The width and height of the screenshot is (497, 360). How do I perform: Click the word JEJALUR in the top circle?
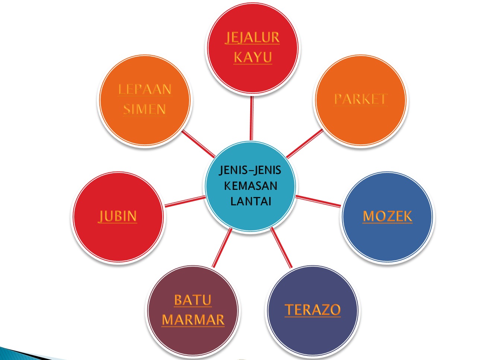tap(252, 38)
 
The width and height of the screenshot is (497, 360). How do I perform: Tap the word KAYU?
tap(253, 57)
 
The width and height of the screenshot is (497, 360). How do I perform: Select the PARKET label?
tap(361, 99)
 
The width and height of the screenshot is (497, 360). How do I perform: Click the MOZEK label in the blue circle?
tap(387, 216)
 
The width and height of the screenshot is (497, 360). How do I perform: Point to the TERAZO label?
tap(313, 310)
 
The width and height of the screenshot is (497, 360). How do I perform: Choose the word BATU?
tap(193, 300)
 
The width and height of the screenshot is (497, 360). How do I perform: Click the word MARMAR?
tap(193, 320)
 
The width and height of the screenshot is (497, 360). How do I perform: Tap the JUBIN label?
tap(118, 216)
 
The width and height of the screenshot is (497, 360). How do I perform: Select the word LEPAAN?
tap(145, 89)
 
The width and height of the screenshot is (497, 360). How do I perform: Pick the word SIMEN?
tap(144, 109)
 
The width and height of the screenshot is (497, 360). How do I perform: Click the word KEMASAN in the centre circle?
tap(251, 186)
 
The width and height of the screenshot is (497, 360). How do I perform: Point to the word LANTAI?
tap(251, 201)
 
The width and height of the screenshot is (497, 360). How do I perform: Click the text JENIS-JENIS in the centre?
tap(250, 170)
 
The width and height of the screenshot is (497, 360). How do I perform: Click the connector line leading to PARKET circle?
tap(305, 144)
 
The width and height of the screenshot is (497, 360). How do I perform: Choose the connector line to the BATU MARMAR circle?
tap(222, 248)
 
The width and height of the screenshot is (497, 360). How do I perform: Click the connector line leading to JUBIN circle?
tap(185, 201)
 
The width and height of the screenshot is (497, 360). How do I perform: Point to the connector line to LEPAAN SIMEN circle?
tap(198, 144)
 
